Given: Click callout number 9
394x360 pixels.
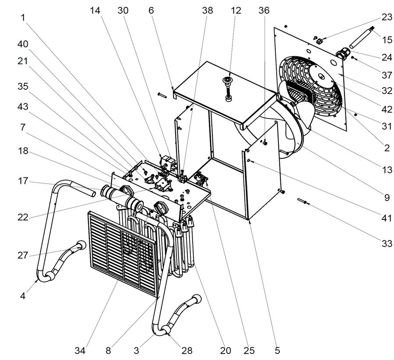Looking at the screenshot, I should point(387,198).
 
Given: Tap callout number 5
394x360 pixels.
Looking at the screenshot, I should point(276,350).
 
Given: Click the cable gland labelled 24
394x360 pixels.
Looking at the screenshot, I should point(341,54).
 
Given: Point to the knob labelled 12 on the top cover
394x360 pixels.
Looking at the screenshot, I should point(228,81).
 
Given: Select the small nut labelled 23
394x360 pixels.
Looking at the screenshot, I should point(319,41).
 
